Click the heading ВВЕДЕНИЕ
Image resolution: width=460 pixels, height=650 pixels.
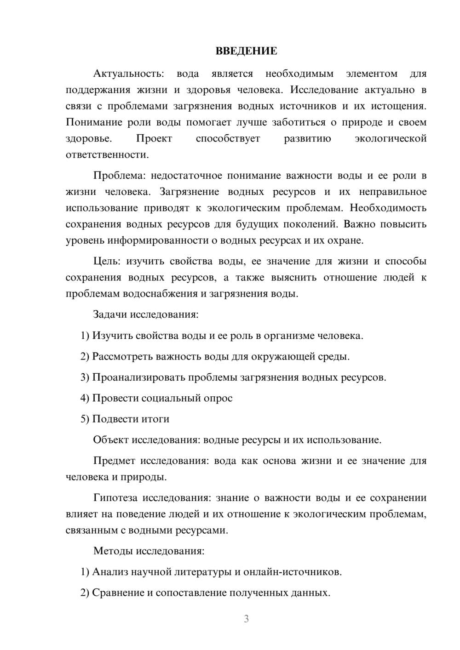(x=246, y=51)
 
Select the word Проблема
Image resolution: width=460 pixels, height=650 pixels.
(x=119, y=176)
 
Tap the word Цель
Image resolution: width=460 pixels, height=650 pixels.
(x=106, y=262)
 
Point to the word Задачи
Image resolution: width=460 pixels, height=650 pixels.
(x=110, y=315)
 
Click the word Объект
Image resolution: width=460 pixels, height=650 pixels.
(x=111, y=440)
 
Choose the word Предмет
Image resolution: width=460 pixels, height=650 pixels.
(x=114, y=461)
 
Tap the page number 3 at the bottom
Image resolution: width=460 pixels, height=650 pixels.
(x=246, y=619)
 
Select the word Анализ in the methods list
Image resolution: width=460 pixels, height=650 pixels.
(x=110, y=572)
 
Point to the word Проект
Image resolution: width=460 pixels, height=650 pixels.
(x=154, y=139)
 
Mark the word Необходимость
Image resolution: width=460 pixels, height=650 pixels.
(x=388, y=208)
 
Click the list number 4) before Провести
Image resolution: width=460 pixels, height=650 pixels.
(x=85, y=398)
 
